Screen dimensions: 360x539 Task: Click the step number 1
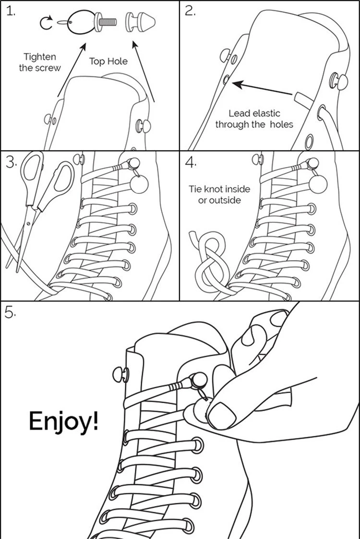[10, 12]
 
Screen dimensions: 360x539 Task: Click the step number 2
[190, 12]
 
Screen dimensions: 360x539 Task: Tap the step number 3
[11, 163]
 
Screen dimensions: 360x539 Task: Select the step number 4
[191, 163]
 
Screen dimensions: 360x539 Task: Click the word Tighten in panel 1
[39, 57]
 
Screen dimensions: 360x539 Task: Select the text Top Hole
[108, 61]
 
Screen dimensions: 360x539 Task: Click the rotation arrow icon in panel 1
[46, 23]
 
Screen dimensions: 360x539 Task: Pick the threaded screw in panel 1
[106, 23]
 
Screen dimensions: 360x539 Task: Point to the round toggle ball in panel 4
[318, 184]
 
